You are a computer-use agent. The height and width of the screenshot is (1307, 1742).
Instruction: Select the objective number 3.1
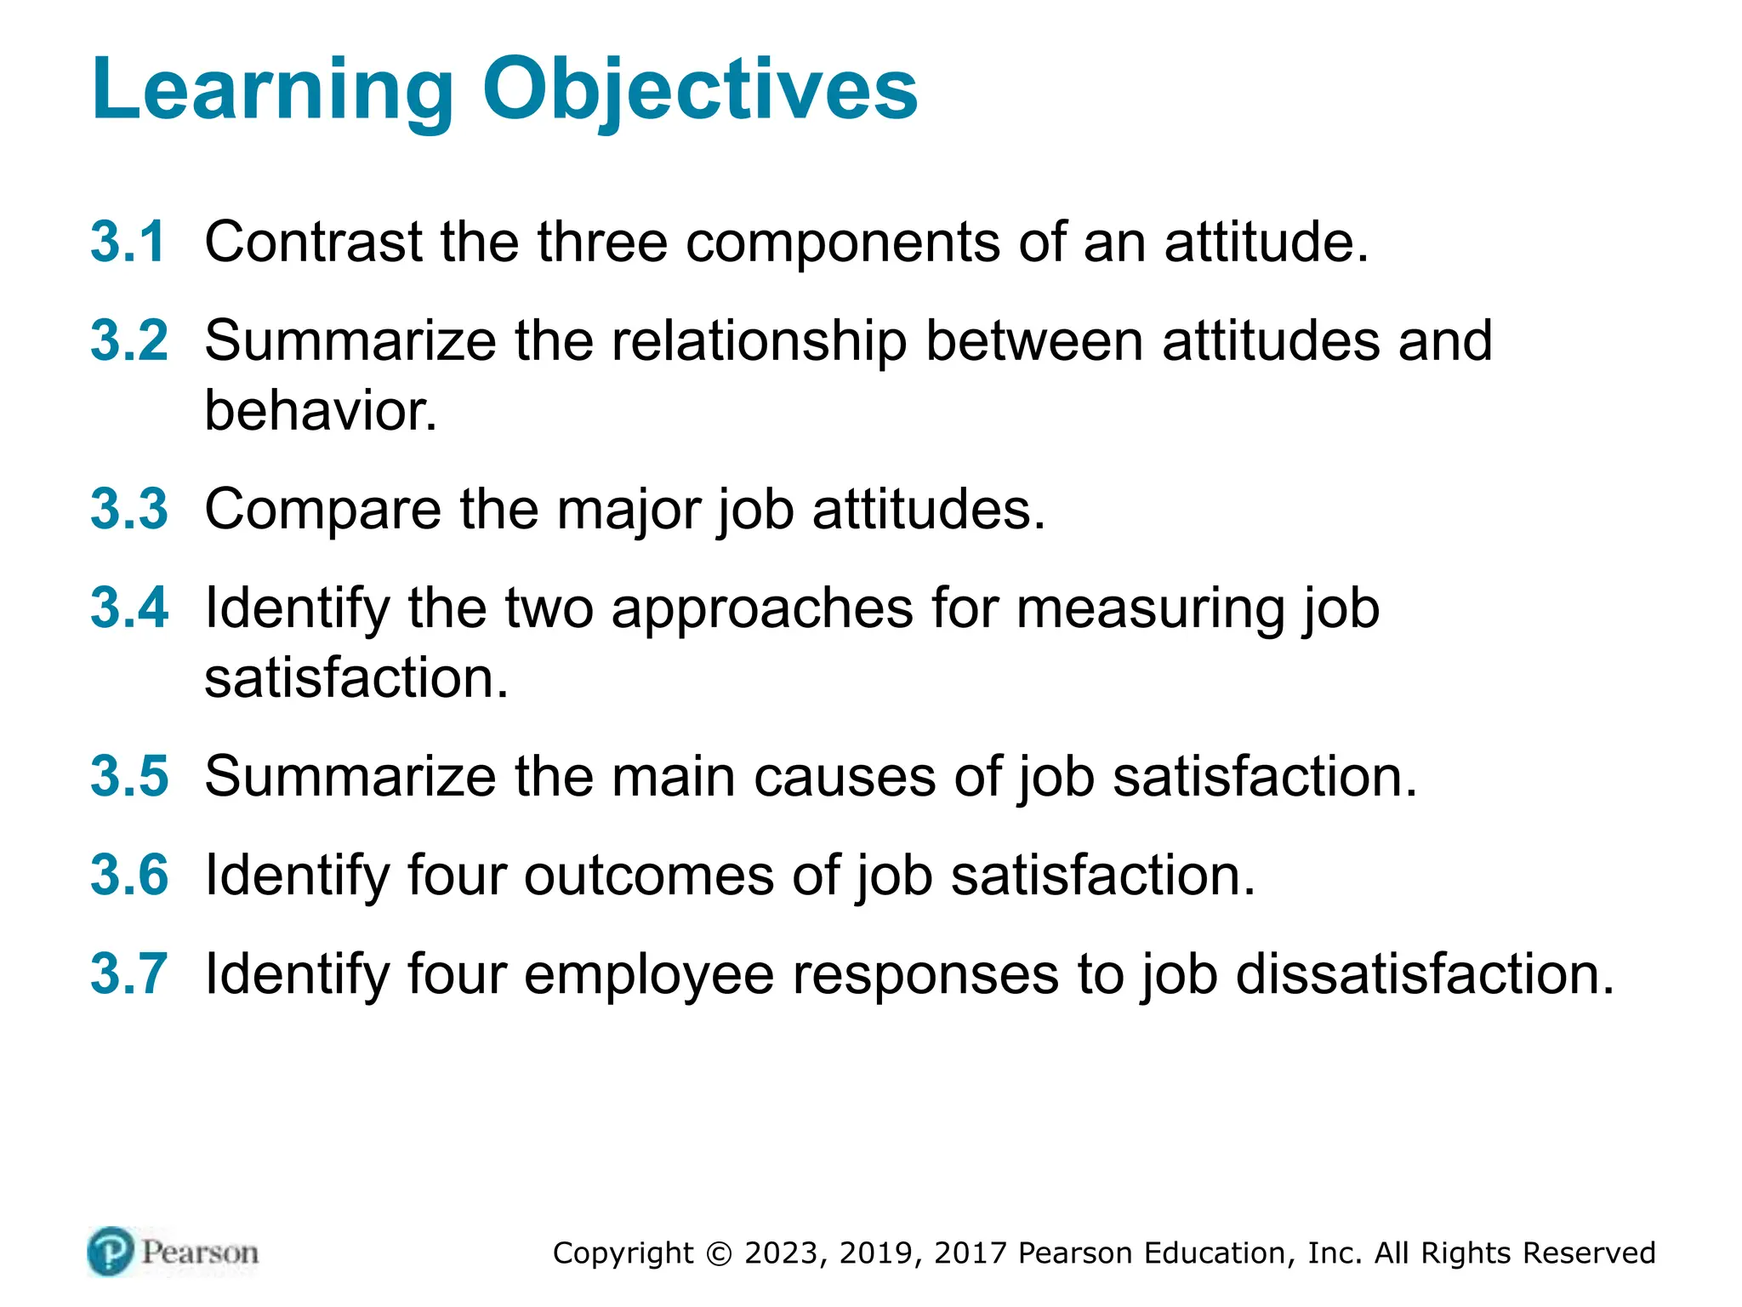click(x=128, y=242)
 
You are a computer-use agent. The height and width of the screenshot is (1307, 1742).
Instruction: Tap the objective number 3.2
click(x=129, y=340)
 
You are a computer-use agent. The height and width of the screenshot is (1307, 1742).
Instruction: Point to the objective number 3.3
click(x=129, y=509)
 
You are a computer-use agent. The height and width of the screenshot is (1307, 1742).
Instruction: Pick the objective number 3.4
click(x=129, y=608)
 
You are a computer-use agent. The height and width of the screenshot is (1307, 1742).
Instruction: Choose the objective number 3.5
click(x=129, y=776)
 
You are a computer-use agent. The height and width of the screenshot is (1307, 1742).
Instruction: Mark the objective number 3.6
click(x=129, y=875)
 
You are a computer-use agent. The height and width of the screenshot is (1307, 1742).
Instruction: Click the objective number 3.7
click(x=129, y=973)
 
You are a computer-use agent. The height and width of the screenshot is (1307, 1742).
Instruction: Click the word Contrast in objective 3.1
click(x=313, y=242)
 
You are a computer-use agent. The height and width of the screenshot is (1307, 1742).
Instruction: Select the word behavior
click(x=321, y=411)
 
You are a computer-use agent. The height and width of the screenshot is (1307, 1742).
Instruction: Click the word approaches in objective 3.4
click(x=762, y=609)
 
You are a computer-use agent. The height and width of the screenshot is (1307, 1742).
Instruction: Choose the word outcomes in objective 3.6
click(x=648, y=876)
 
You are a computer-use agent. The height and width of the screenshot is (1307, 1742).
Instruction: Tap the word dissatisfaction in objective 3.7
click(x=1424, y=973)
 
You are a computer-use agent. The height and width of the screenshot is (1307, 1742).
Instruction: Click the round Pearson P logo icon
click(x=111, y=1252)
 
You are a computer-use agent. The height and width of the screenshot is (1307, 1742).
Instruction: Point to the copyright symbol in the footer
click(x=719, y=1253)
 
